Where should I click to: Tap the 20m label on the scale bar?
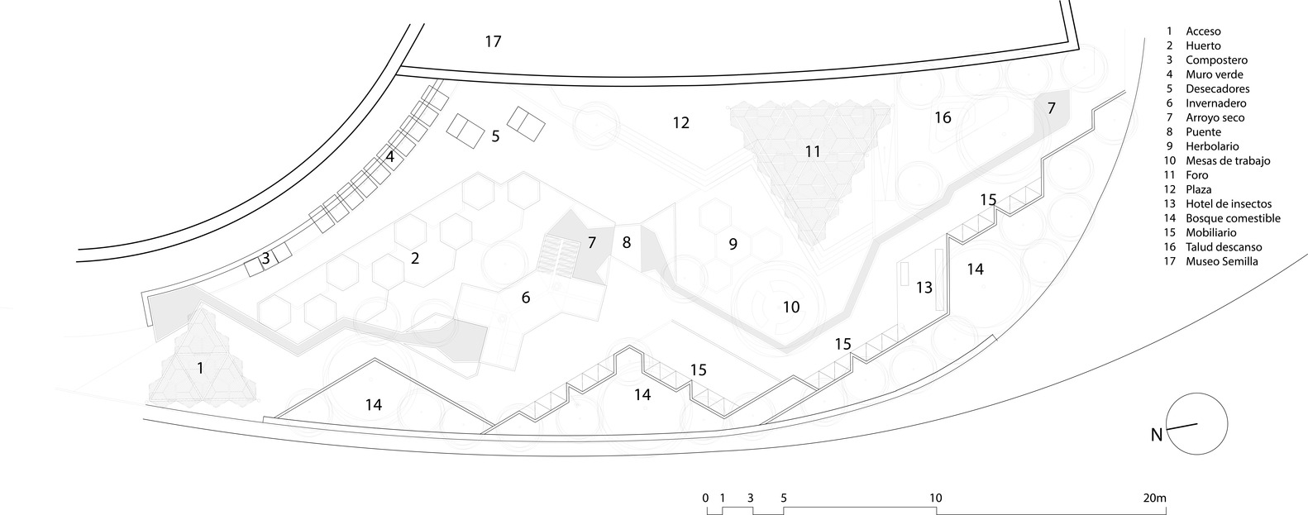[x=1154, y=498]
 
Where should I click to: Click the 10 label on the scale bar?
[x=935, y=498]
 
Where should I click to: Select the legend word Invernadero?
[x=1215, y=103]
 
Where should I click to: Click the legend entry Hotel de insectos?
[x=1229, y=204]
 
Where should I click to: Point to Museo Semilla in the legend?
[x=1221, y=261]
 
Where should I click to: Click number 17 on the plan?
[x=493, y=41]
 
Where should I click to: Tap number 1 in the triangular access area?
[x=200, y=368]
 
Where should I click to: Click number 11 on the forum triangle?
[x=813, y=151]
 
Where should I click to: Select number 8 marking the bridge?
[x=626, y=243]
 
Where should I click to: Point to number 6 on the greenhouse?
[x=526, y=298]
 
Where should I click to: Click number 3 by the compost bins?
[x=265, y=259]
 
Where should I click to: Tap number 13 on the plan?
[x=924, y=288]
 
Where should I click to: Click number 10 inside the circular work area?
[x=791, y=307]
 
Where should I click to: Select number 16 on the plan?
[x=943, y=117]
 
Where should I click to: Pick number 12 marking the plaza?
[x=680, y=123]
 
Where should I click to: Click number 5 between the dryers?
[x=495, y=136]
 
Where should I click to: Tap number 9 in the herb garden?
[x=733, y=244]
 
